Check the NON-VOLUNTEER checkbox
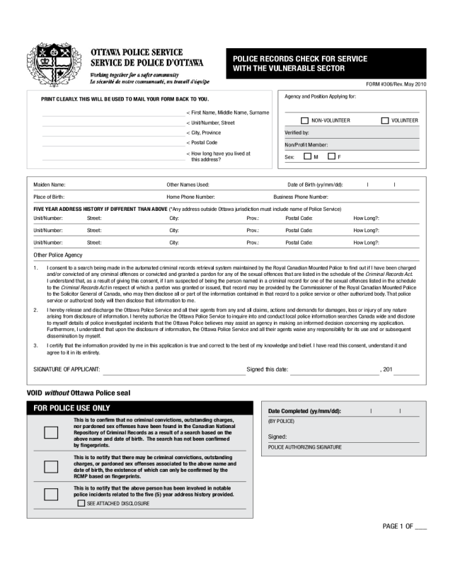coord(305,120)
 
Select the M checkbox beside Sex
coord(308,156)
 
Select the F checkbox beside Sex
coord(331,156)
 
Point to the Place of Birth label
coord(50,197)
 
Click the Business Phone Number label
coord(301,197)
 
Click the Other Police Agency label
coord(59,255)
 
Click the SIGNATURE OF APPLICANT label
coord(67,369)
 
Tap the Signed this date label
coord(267,369)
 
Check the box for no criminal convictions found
coord(51,433)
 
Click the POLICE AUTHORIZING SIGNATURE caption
coord(304,448)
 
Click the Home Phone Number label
coord(190,197)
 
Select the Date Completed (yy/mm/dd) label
coord(305,411)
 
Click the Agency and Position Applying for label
coord(320,96)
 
